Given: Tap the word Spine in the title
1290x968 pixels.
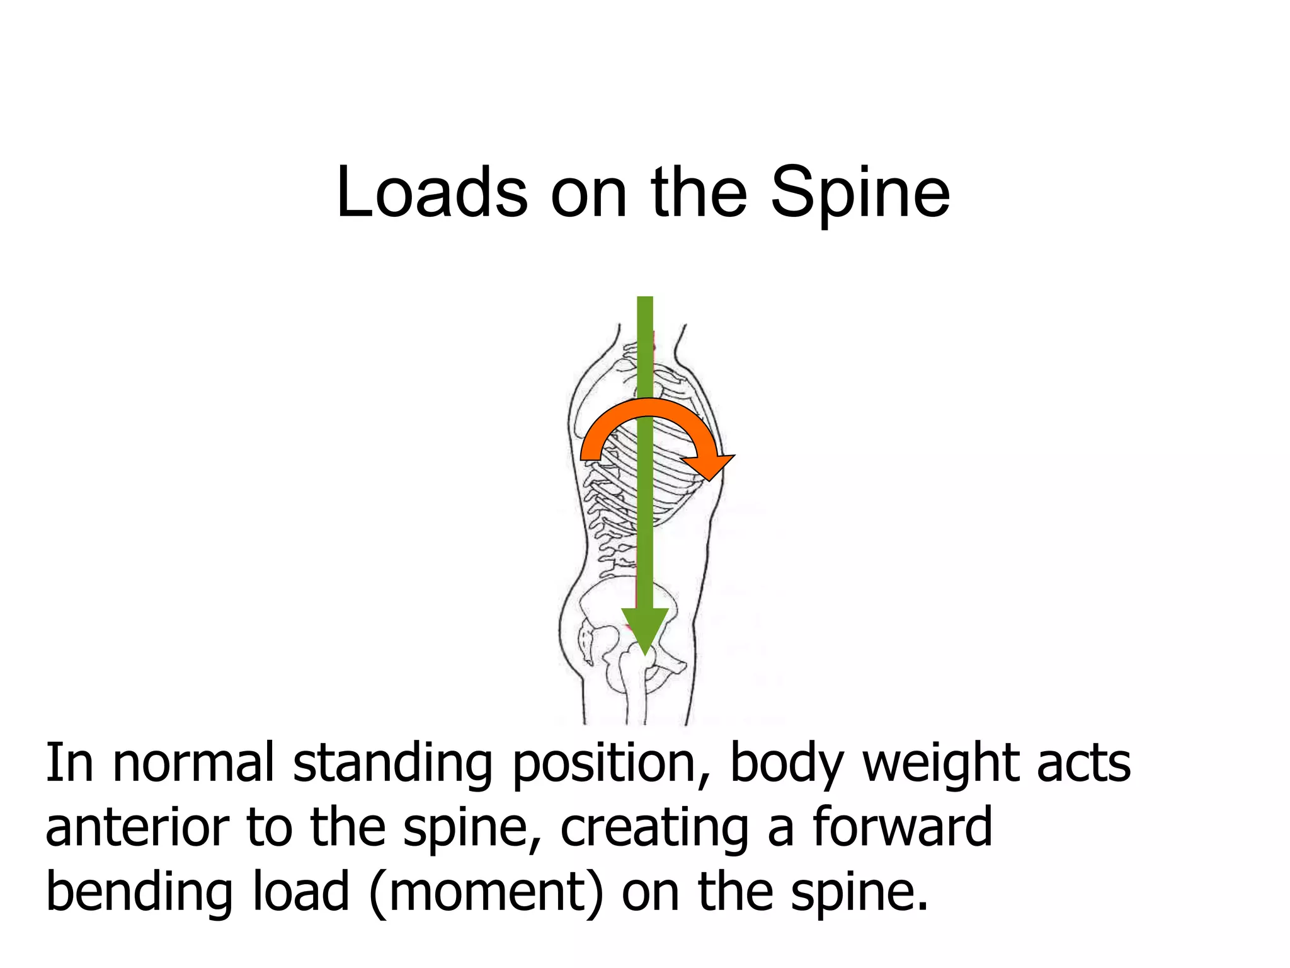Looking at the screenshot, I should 860,194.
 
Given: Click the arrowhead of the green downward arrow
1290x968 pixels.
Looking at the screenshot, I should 645,630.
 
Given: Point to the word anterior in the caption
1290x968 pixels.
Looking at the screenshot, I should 137,827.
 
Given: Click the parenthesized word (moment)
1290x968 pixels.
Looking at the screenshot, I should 486,892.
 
